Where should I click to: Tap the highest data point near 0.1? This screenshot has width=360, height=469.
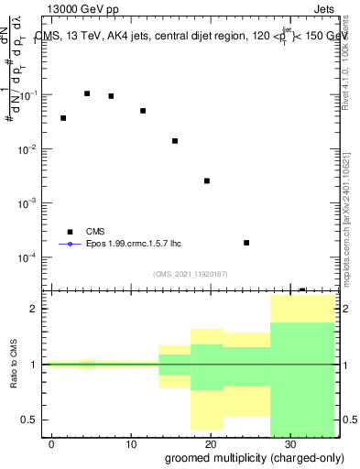tap(87, 93)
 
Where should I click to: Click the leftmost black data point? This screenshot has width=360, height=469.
tap(63, 118)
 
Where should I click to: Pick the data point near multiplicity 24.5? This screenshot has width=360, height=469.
tap(246, 243)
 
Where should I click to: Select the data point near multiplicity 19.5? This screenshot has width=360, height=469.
tap(207, 180)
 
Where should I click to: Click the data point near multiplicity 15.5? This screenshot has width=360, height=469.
tap(175, 141)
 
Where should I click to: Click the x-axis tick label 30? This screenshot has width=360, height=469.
tap(289, 444)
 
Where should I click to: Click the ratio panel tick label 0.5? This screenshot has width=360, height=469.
tap(31, 420)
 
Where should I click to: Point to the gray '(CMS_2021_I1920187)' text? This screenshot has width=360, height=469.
tap(191, 273)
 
